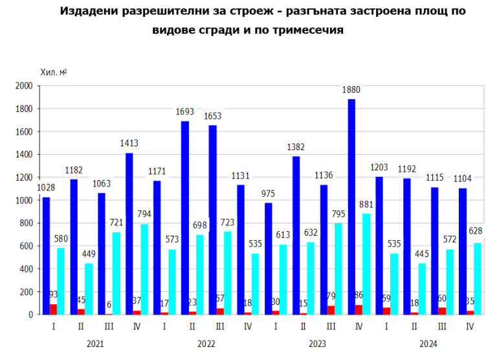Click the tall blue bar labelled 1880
[351, 207]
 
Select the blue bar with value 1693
[184, 218]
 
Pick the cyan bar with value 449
[88, 289]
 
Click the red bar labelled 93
[53, 309]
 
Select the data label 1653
[212, 115]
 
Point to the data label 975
[268, 193]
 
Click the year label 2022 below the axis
[206, 344]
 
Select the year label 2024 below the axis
[429, 344]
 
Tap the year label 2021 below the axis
[94, 344]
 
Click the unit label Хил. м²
[54, 71]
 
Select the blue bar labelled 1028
[46, 256]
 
